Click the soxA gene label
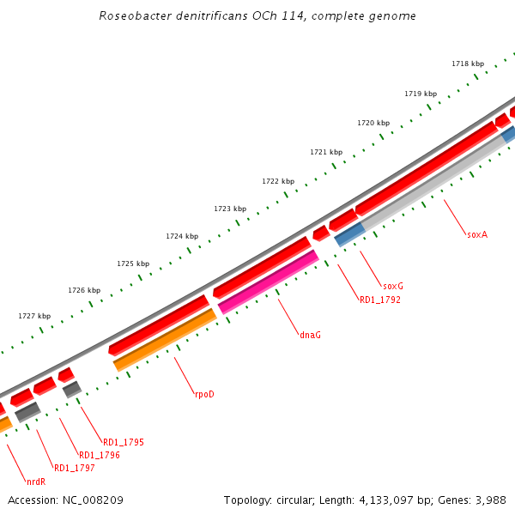[477, 233]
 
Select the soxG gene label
[392, 286]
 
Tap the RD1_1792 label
[379, 300]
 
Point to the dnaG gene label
[310, 335]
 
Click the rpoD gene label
[203, 395]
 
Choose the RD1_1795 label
[123, 442]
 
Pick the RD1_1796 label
[99, 455]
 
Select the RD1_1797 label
[74, 468]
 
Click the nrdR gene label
[35, 482]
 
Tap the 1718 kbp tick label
[468, 64]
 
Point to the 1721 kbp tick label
[326, 152]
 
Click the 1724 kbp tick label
[182, 236]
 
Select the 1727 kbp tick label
[34, 316]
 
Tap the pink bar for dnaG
[269, 281]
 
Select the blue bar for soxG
[349, 234]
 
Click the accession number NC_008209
[93, 500]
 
